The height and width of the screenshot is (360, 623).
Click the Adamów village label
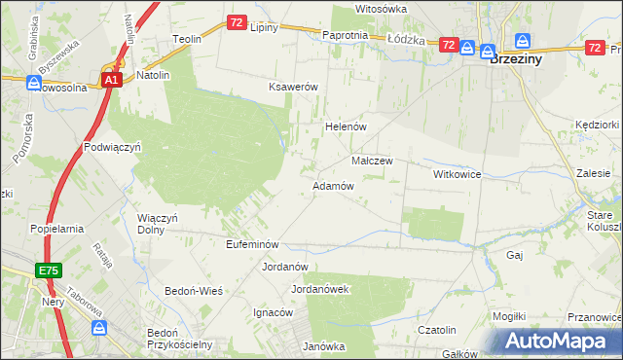332,185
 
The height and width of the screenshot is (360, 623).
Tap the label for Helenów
344,126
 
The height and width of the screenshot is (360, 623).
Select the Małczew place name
372,161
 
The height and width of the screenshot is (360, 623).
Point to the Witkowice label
458,173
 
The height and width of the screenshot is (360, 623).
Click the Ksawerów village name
294,87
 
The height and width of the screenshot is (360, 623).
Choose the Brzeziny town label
517,58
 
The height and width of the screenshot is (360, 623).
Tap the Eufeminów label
252,244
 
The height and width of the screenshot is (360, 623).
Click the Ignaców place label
274,312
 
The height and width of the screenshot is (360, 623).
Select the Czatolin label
438,330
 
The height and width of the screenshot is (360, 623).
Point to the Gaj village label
516,254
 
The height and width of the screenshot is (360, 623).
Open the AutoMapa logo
556,342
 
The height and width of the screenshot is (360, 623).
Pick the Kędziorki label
597,125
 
